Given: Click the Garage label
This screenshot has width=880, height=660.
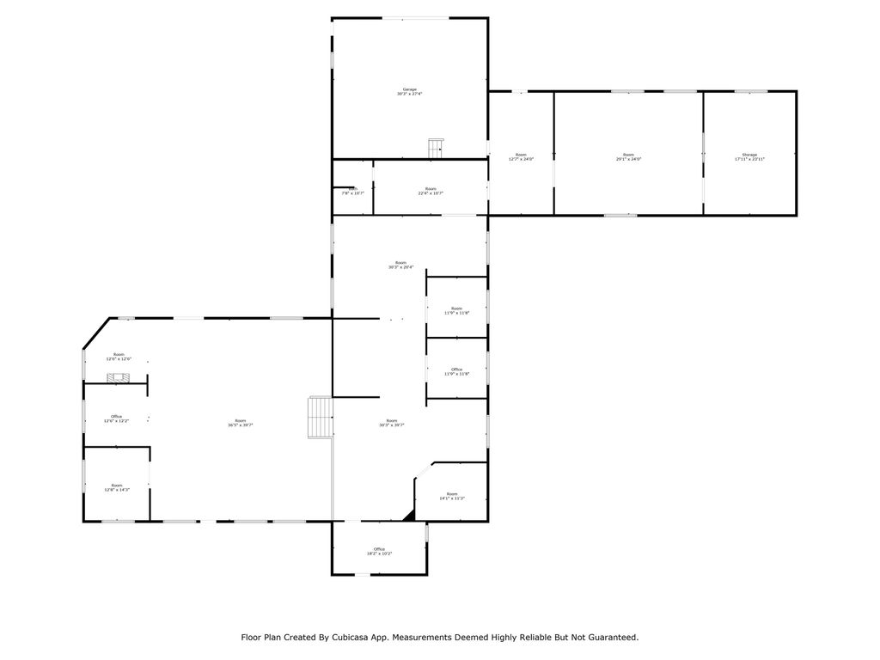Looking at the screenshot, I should pyautogui.click(x=409, y=89).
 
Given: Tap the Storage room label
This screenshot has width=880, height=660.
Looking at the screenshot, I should pyautogui.click(x=749, y=155).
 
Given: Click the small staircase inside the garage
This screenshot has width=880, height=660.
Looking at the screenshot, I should pyautogui.click(x=436, y=148).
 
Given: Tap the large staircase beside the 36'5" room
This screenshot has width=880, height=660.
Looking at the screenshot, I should pyautogui.click(x=320, y=417).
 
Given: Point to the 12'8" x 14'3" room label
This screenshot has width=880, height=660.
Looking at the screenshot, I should pyautogui.click(x=116, y=487).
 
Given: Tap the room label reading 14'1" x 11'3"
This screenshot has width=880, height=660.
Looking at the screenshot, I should pyautogui.click(x=451, y=496).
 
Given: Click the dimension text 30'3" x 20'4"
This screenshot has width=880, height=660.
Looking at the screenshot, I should pyautogui.click(x=400, y=267).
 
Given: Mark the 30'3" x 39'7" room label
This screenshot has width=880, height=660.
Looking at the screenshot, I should pyautogui.click(x=392, y=423).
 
